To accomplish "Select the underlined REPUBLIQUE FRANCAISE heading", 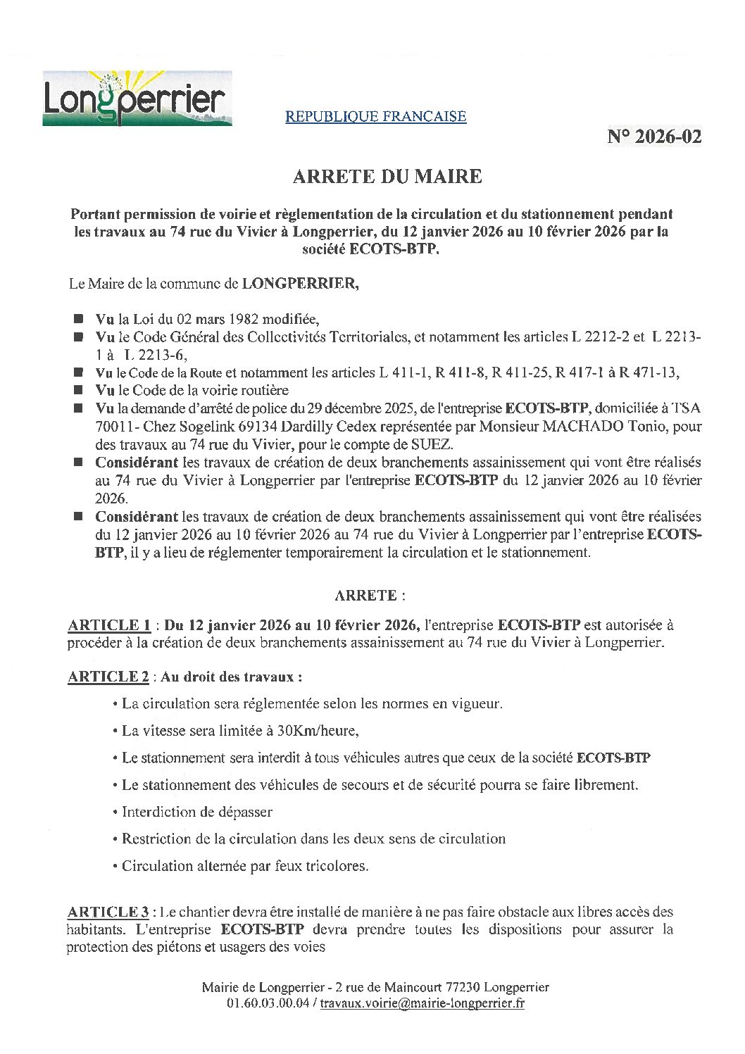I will click(375, 116).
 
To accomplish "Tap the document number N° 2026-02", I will click(654, 137).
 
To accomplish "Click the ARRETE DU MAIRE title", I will click(387, 176).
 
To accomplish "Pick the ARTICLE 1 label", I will click(109, 625).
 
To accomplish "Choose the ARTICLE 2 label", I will click(108, 677).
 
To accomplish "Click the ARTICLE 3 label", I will click(108, 912).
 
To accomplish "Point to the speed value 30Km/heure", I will click(318, 731).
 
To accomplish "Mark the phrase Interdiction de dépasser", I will click(197, 812).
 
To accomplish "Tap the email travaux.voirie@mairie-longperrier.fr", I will click(422, 1004).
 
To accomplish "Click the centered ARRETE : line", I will click(370, 596).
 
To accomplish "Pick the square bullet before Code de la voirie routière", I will click(78, 389).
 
